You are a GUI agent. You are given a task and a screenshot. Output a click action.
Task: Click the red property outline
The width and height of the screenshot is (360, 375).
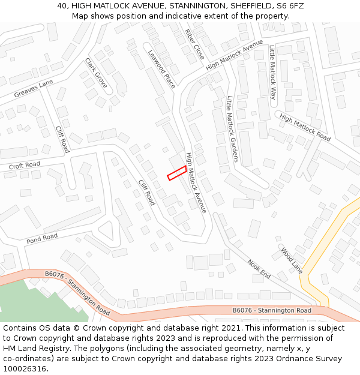point(176,173)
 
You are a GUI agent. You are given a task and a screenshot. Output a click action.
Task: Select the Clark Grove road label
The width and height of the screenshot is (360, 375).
point(96,73)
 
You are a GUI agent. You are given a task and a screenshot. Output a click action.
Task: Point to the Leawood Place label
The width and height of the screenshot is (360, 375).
point(161,69)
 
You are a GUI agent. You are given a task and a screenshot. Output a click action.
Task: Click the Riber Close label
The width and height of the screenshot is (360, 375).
point(194,44)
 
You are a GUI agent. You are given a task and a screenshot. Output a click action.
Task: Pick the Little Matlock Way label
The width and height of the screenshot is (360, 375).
point(272,72)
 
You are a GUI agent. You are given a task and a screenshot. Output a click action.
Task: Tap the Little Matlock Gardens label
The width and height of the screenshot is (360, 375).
point(232,129)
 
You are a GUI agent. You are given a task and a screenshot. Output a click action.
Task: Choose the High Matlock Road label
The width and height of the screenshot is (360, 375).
point(305,128)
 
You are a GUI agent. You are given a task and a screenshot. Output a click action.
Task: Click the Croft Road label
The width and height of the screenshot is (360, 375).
point(24,165)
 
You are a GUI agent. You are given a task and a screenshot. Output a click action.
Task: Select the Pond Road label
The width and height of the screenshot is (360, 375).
point(42,238)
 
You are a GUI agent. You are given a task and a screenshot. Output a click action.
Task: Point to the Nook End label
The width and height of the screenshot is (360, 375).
point(259,269)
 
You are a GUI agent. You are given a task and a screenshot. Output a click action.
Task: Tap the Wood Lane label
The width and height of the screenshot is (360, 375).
point(292,260)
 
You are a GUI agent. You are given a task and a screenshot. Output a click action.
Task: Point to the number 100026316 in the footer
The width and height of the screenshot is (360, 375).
point(25,369)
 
